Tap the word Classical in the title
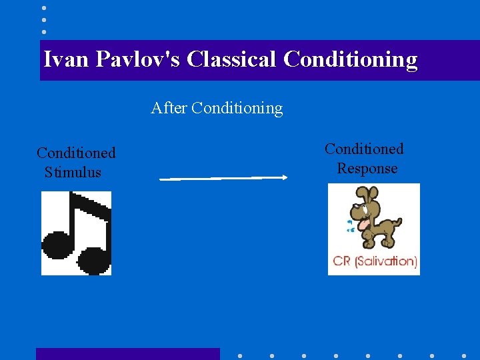231,59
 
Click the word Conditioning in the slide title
350,59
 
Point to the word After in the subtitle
169,108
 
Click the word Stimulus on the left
73,172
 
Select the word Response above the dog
367,168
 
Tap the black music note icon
76,233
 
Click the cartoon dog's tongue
363,224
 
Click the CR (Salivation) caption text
374,261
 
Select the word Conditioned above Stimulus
76,153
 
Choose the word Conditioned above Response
364,149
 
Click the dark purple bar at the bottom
127,353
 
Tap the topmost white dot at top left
43,8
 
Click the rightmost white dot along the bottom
464,355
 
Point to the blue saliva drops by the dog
349,226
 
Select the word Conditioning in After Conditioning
237,108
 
